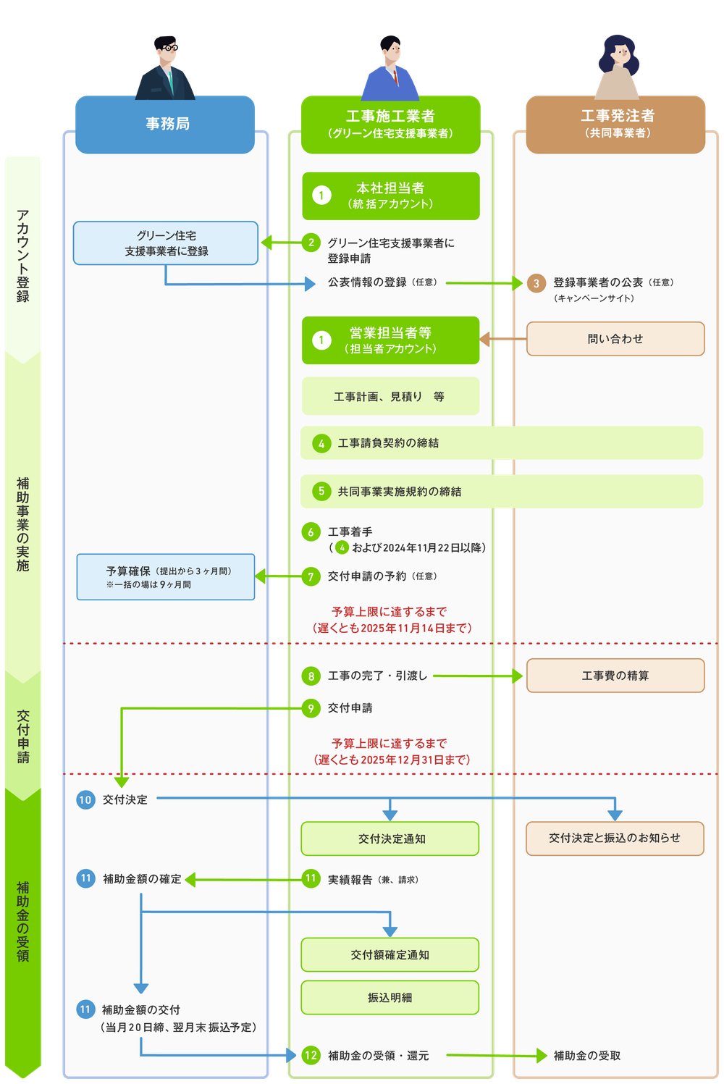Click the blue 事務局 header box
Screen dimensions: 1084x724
click(x=166, y=124)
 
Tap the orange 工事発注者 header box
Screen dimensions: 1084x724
click(x=615, y=124)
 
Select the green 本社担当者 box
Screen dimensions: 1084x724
click(x=391, y=196)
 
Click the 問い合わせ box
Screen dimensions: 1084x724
click(x=615, y=339)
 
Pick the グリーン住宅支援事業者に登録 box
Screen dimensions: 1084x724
click(x=166, y=243)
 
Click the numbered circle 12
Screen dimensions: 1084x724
click(x=311, y=1055)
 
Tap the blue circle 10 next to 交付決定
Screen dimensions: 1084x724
click(x=85, y=799)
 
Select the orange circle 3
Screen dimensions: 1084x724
click(x=536, y=283)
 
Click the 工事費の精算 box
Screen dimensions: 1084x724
click(x=615, y=676)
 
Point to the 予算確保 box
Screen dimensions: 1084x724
click(x=166, y=577)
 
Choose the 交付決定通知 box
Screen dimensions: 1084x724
click(x=391, y=839)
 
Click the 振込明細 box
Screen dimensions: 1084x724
click(x=391, y=998)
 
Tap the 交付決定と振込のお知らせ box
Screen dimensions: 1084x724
click(x=615, y=838)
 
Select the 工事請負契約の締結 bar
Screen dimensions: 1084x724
click(x=502, y=442)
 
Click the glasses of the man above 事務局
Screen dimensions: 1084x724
click(x=167, y=49)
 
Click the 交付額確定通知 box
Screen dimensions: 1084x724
click(x=391, y=954)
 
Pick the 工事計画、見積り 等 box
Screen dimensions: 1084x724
click(x=391, y=396)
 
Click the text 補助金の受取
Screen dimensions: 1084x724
click(x=586, y=1056)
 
